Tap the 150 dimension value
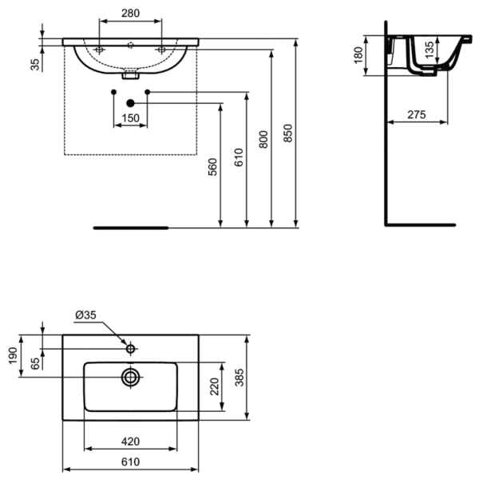pos(130,118)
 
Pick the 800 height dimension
pos(264,137)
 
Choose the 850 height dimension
pos(289,134)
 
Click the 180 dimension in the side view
pos(358,55)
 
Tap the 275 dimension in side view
pos(416,115)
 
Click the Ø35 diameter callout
pos(85,315)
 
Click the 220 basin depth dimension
pos(213,388)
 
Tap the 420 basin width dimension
pos(130,441)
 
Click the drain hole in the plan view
pos(130,376)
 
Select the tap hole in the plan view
pos(130,348)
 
